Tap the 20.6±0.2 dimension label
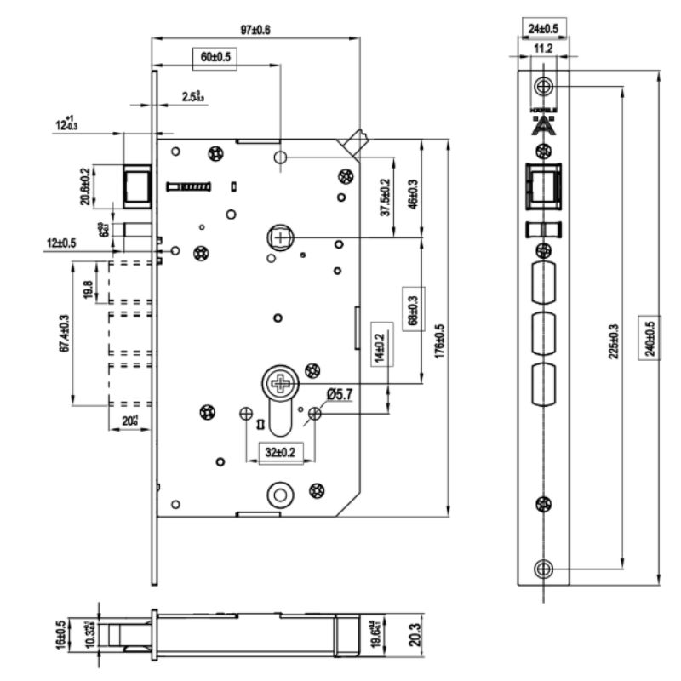(x=84, y=186)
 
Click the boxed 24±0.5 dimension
(x=543, y=28)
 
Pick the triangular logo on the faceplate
(x=542, y=127)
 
